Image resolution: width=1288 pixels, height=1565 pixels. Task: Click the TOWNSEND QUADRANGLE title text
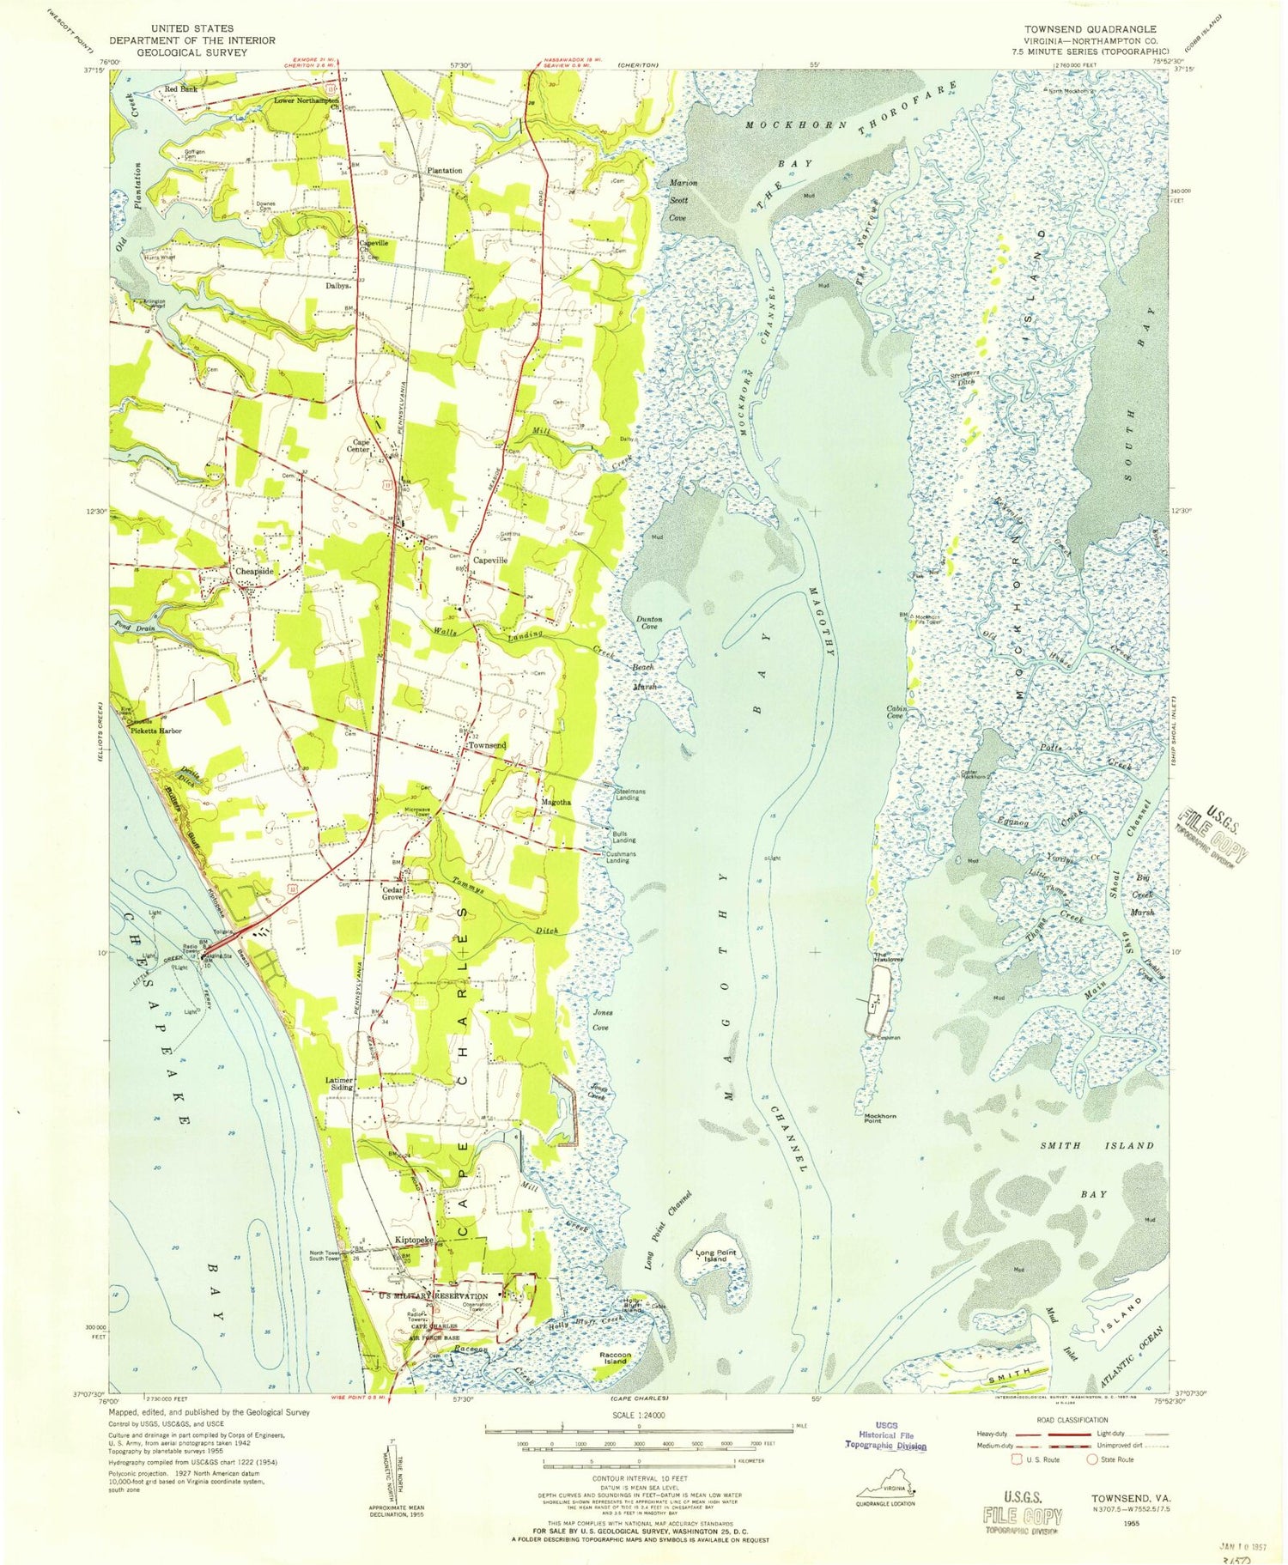[1089, 28]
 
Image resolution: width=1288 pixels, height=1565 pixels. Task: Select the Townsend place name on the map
[486, 745]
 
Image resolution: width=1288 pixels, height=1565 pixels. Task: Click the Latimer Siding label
[341, 1083]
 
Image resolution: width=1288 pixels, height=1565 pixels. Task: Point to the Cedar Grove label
[393, 894]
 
